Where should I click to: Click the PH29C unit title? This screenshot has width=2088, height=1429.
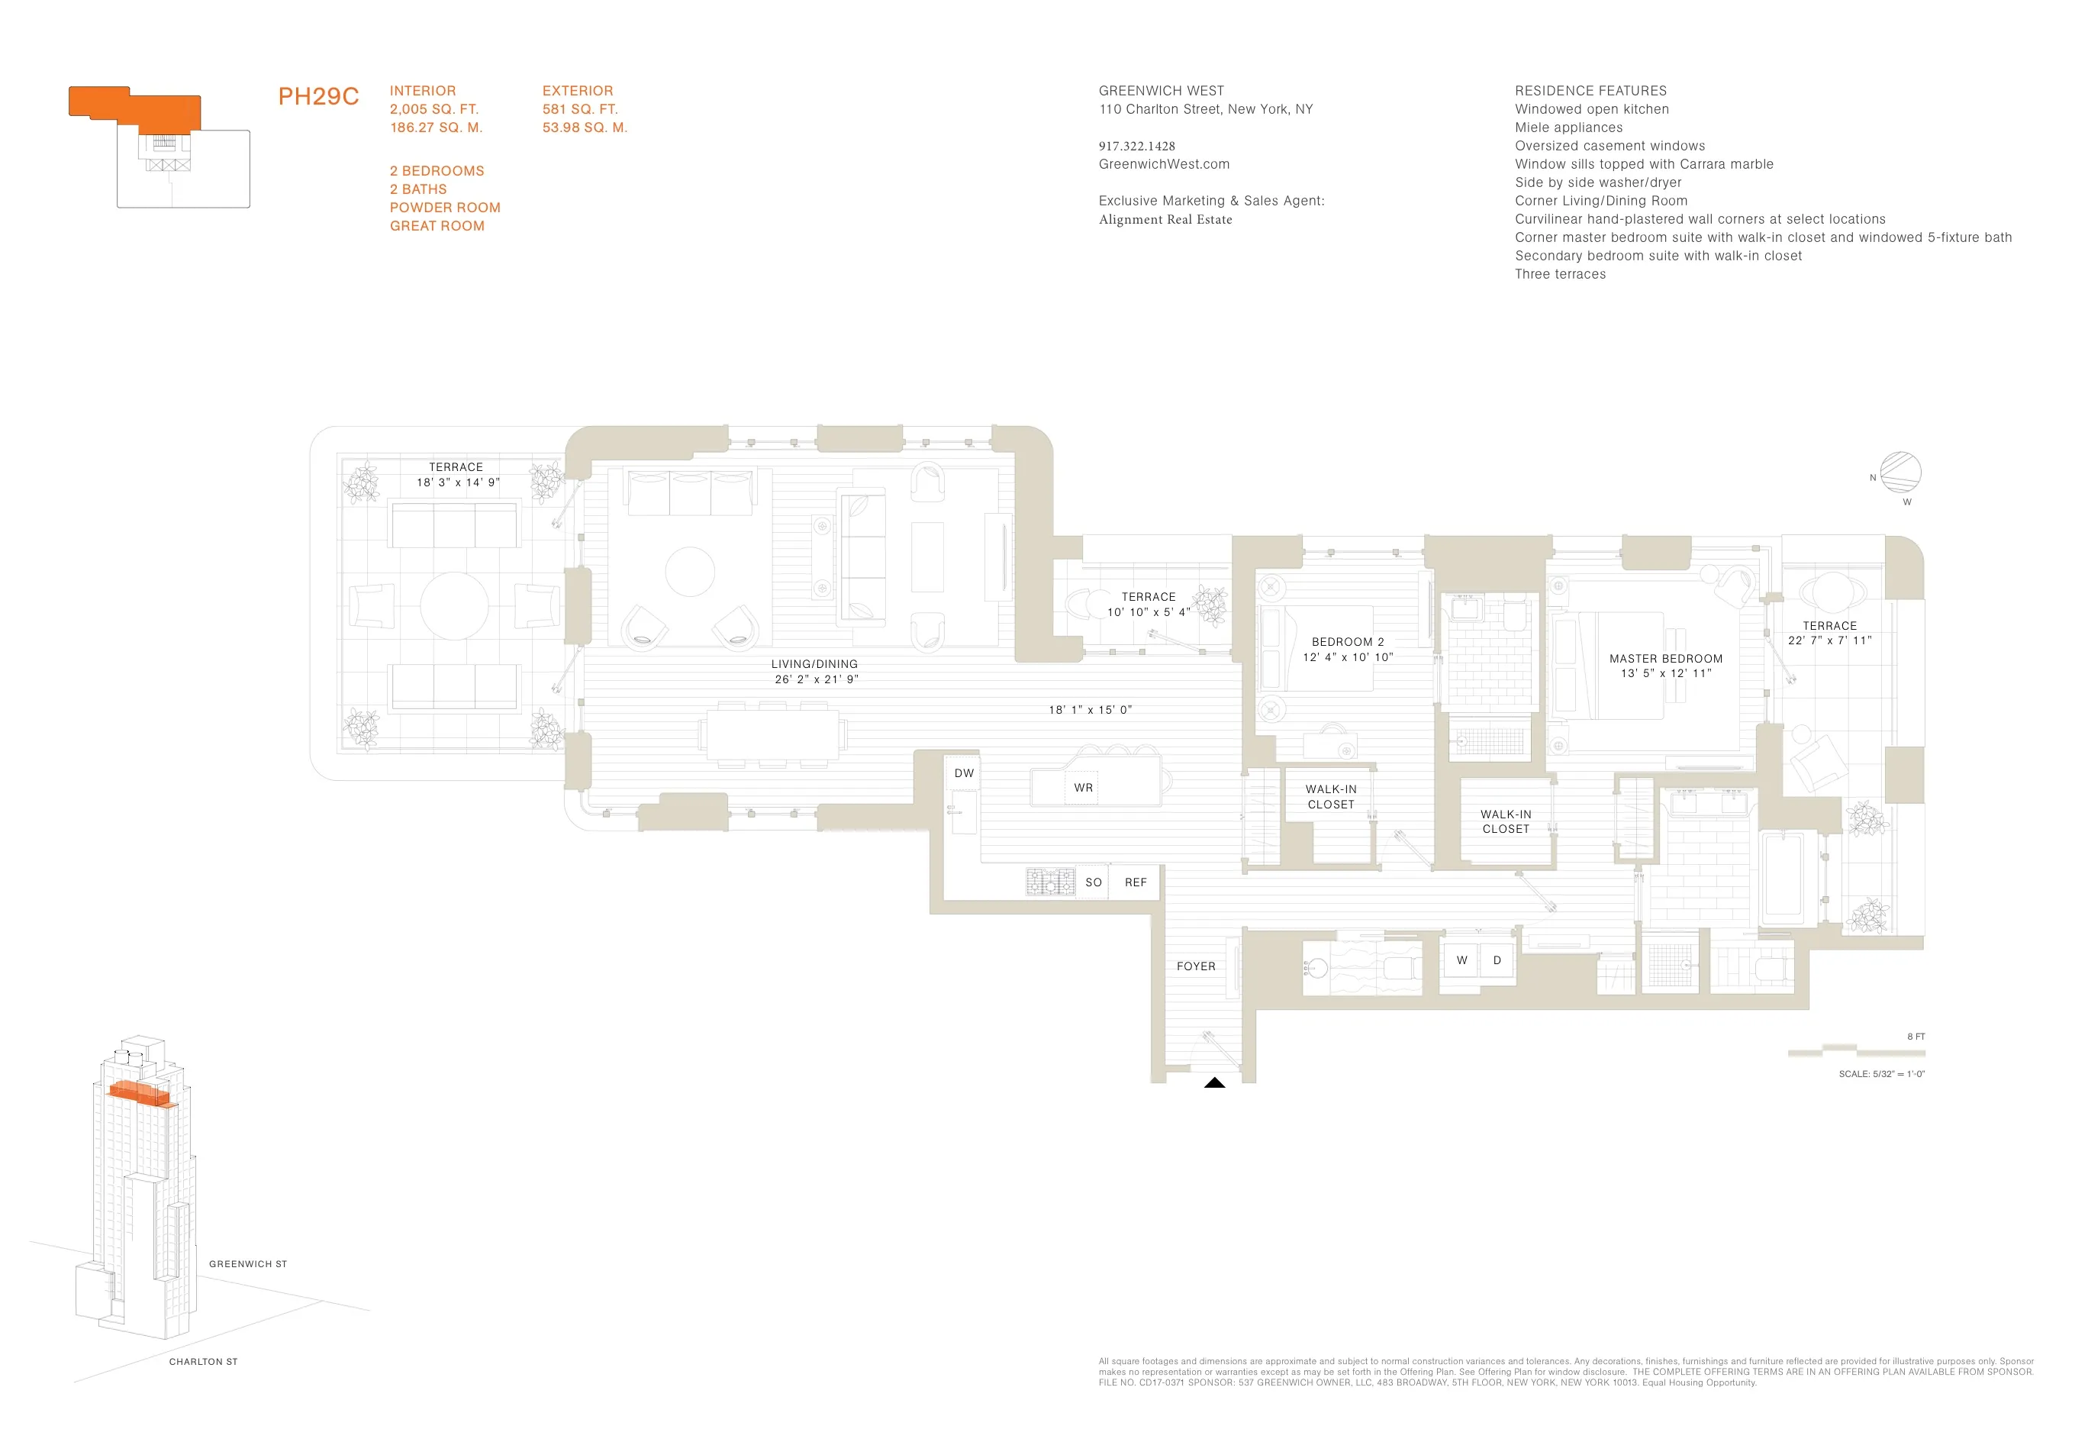318,97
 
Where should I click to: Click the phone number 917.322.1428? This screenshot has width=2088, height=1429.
1136,147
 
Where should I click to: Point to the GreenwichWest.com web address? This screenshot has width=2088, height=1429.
1164,164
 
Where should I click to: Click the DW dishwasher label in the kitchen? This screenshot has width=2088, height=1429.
964,774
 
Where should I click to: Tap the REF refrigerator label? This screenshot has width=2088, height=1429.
1136,882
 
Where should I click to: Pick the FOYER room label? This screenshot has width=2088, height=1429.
1196,967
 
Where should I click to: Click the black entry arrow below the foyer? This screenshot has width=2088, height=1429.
1215,1083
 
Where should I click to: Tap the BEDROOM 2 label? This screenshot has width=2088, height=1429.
1348,643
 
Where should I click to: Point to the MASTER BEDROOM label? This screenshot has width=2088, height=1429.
1666,659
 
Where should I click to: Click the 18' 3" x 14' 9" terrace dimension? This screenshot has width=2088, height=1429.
458,482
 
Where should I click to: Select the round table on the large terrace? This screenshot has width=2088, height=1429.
455,606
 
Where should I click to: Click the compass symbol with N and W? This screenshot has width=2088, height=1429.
1900,473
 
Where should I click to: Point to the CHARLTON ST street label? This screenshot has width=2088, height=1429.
203,1363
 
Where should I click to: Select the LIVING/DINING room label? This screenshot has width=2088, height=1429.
814,665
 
